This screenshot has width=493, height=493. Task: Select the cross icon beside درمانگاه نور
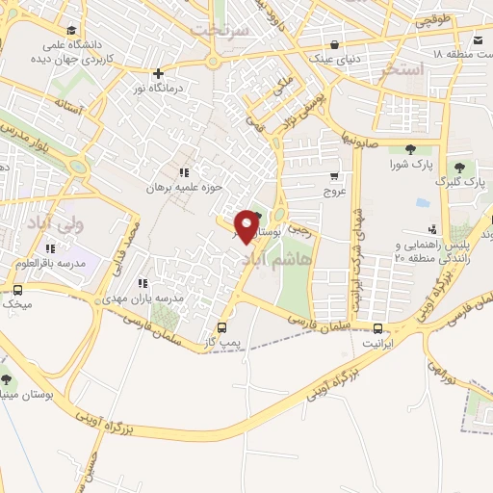159,73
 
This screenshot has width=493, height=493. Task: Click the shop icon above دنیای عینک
333,43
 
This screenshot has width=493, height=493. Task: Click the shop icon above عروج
333,176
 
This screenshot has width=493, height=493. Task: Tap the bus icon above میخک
17,290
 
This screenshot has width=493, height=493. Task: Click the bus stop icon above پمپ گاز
222,327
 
